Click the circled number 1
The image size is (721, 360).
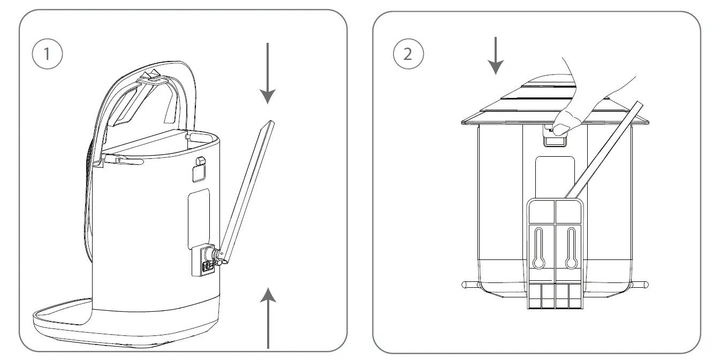click(48, 54)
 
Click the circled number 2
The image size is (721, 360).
click(408, 54)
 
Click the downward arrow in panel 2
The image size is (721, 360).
click(496, 56)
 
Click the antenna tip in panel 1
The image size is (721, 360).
click(271, 124)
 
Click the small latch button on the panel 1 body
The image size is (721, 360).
click(200, 161)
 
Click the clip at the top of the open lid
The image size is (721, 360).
click(151, 76)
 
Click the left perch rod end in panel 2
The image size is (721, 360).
click(465, 285)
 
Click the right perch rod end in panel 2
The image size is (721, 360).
click(646, 285)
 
